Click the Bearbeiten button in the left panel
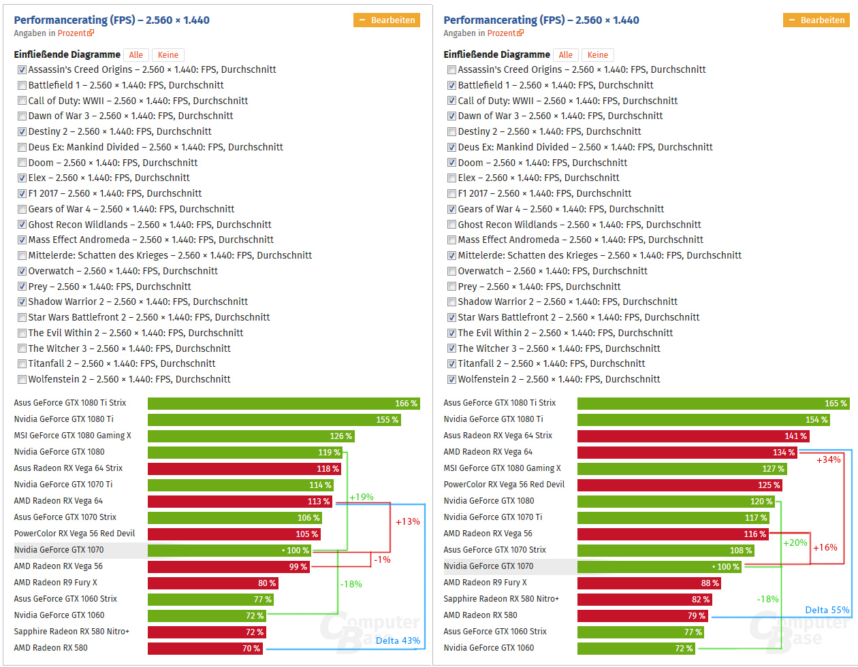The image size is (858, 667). [x=387, y=20]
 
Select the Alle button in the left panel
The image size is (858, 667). [x=136, y=55]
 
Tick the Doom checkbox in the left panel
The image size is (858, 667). [x=22, y=163]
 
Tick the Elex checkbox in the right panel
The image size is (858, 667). [x=452, y=178]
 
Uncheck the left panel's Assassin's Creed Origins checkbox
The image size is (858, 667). [x=22, y=69]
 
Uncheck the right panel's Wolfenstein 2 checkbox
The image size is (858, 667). [x=452, y=380]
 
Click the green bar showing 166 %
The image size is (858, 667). [x=284, y=404]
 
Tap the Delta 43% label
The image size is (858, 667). [x=398, y=640]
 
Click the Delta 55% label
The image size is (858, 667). [x=827, y=611]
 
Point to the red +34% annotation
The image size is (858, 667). [x=829, y=460]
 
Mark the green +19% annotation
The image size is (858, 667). [x=362, y=498]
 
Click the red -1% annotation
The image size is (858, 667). [x=383, y=560]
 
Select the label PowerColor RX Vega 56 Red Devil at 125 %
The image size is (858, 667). [x=504, y=485]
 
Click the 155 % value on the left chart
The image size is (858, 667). [x=387, y=420]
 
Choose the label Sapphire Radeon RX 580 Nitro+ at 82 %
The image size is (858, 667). [x=500, y=599]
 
